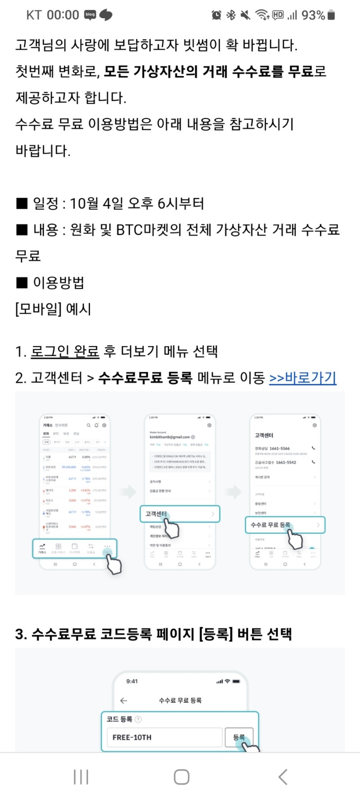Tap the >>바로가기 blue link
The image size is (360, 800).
click(302, 378)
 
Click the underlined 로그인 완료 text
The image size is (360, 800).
click(65, 351)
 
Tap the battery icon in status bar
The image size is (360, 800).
click(332, 15)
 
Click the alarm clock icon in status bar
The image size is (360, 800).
click(216, 15)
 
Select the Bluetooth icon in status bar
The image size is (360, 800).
click(231, 15)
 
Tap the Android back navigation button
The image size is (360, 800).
click(283, 777)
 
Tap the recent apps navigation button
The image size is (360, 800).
click(81, 777)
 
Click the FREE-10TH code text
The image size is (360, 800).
click(132, 737)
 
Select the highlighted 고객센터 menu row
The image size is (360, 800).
click(180, 514)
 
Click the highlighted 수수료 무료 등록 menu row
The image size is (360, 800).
click(285, 525)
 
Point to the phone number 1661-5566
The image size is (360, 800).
click(279, 449)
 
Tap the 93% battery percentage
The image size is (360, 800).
click(313, 15)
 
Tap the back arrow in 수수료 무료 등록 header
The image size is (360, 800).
click(124, 701)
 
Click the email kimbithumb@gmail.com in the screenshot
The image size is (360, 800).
click(170, 437)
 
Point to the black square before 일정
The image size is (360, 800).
click(22, 204)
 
